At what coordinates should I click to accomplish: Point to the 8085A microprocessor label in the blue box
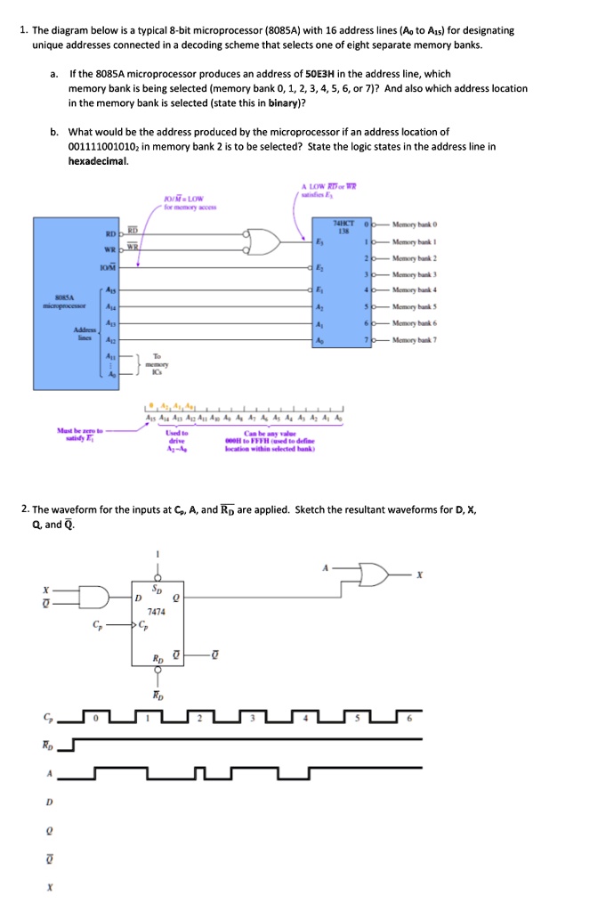(x=60, y=303)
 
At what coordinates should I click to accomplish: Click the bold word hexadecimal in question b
(x=98, y=161)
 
